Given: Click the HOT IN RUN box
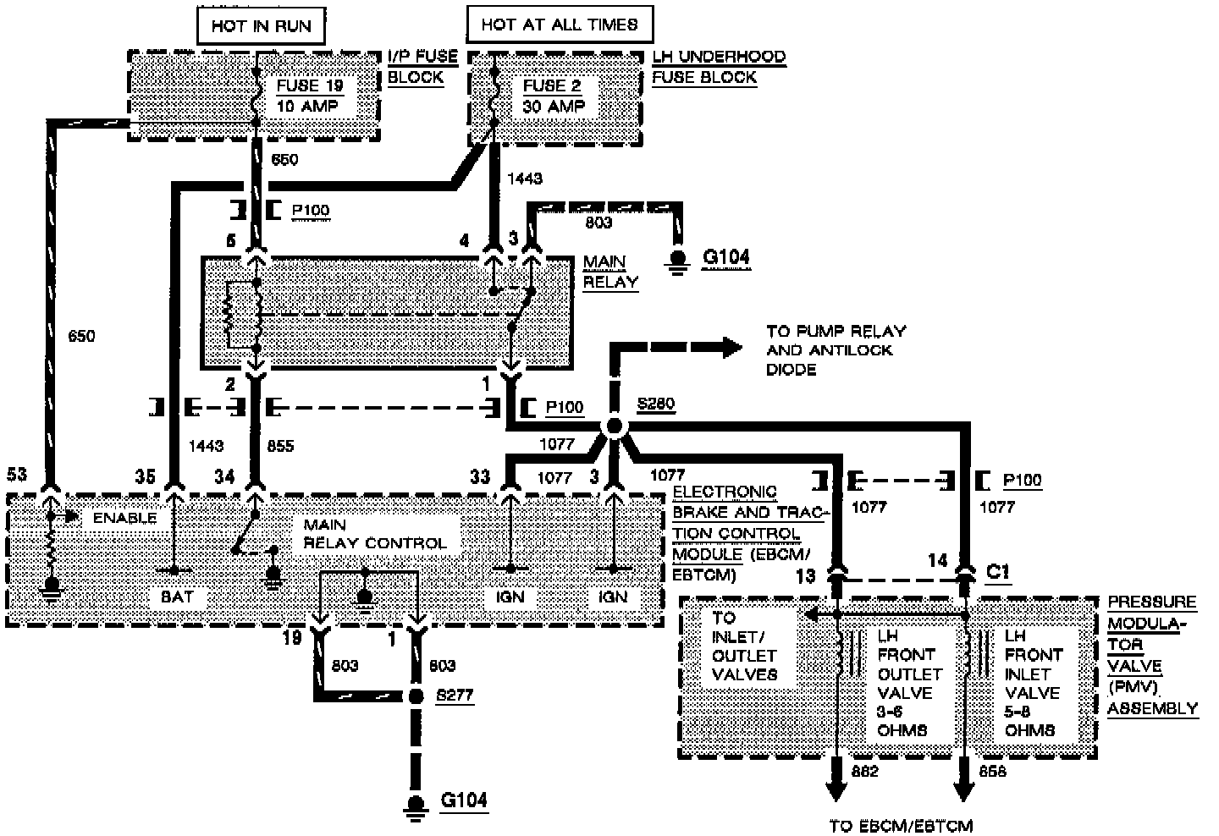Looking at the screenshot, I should [x=261, y=25].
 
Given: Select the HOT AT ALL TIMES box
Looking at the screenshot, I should [x=559, y=25].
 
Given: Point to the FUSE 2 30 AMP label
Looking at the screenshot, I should [x=554, y=96].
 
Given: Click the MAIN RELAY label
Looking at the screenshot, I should [x=610, y=272].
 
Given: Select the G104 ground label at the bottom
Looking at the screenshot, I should [x=464, y=800].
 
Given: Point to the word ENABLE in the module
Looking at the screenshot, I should [x=124, y=517].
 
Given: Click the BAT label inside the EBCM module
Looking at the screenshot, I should [x=177, y=597].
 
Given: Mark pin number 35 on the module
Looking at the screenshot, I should [x=145, y=476].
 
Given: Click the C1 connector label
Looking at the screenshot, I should [x=999, y=571].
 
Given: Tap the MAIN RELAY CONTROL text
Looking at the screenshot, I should [x=374, y=534].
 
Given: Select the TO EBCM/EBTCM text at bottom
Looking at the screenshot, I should [x=901, y=826].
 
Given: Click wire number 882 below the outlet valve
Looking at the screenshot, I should [x=865, y=771].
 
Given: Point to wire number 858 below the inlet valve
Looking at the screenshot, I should [x=992, y=771].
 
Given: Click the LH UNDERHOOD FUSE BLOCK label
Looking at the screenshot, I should [x=719, y=67].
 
